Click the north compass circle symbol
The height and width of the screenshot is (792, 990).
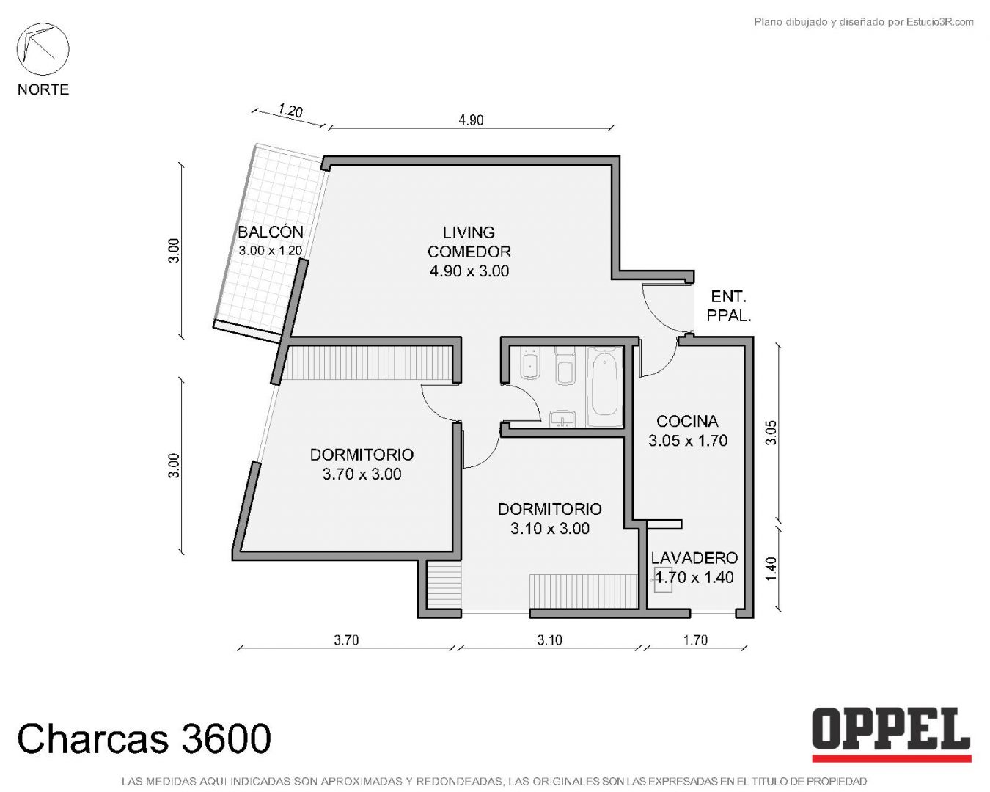tap(43, 49)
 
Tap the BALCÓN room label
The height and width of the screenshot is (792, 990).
tap(271, 232)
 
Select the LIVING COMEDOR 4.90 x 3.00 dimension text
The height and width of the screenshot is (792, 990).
tap(469, 271)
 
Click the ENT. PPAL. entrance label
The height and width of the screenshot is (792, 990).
tap(729, 306)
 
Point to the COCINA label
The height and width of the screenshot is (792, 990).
tap(687, 421)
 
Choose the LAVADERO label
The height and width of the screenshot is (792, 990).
tap(694, 558)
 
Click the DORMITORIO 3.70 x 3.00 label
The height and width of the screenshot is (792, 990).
tap(362, 464)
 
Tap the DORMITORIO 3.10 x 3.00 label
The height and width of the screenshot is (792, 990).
tap(550, 518)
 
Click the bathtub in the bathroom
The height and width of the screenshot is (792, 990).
tap(604, 386)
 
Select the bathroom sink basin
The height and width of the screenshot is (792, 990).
tap(562, 419)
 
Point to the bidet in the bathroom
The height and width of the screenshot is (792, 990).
tap(532, 364)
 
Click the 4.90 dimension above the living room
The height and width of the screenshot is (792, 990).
tap(471, 120)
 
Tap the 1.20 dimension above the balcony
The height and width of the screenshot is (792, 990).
tap(290, 111)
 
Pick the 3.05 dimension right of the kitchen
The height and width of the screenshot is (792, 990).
tap(771, 433)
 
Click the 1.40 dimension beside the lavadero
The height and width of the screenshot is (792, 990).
tap(771, 569)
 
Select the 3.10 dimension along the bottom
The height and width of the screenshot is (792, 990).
tap(550, 640)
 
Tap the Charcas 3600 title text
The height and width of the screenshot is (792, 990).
tap(144, 738)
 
